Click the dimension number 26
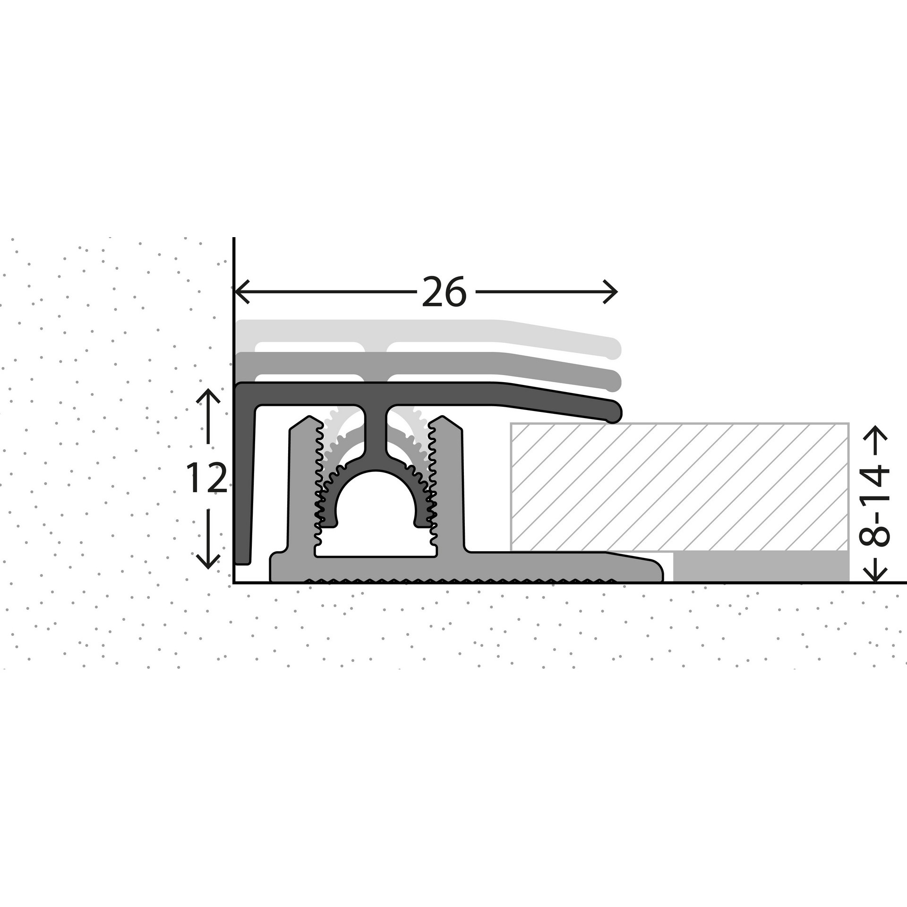click(x=444, y=292)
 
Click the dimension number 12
click(x=206, y=478)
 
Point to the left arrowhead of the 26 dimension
click(x=241, y=292)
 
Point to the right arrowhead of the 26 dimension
click(x=610, y=292)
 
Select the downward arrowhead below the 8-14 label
click(x=875, y=573)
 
